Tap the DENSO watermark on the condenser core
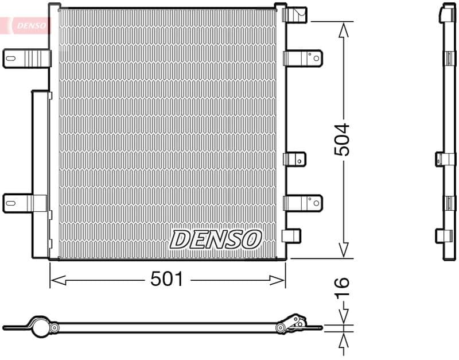click(216, 239)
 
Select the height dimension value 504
click(343, 140)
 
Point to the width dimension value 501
click(166, 280)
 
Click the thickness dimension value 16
click(342, 284)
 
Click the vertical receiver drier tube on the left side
click(40, 172)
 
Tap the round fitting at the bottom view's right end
click(281, 328)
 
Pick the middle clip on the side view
click(445, 158)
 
